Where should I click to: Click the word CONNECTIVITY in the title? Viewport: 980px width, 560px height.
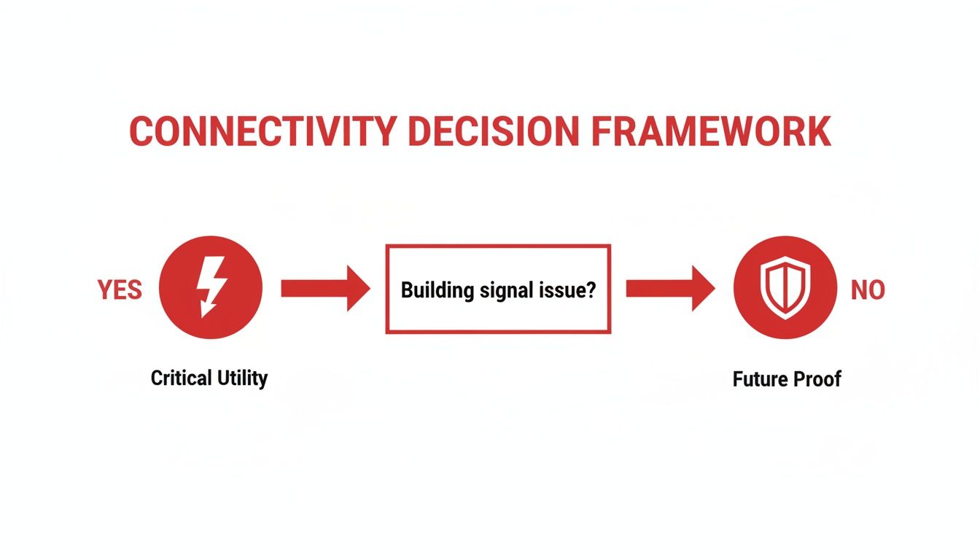click(x=263, y=132)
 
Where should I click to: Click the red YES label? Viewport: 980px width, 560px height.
click(x=120, y=289)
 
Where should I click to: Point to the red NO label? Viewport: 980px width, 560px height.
click(x=868, y=289)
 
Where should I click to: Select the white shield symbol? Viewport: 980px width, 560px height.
click(x=785, y=289)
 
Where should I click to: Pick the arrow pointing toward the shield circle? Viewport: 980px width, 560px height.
click(x=669, y=289)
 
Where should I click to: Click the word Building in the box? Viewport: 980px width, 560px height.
click(x=436, y=290)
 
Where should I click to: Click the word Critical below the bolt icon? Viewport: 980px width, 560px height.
click(x=181, y=378)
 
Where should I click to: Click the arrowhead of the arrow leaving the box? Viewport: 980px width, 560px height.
click(x=701, y=289)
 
